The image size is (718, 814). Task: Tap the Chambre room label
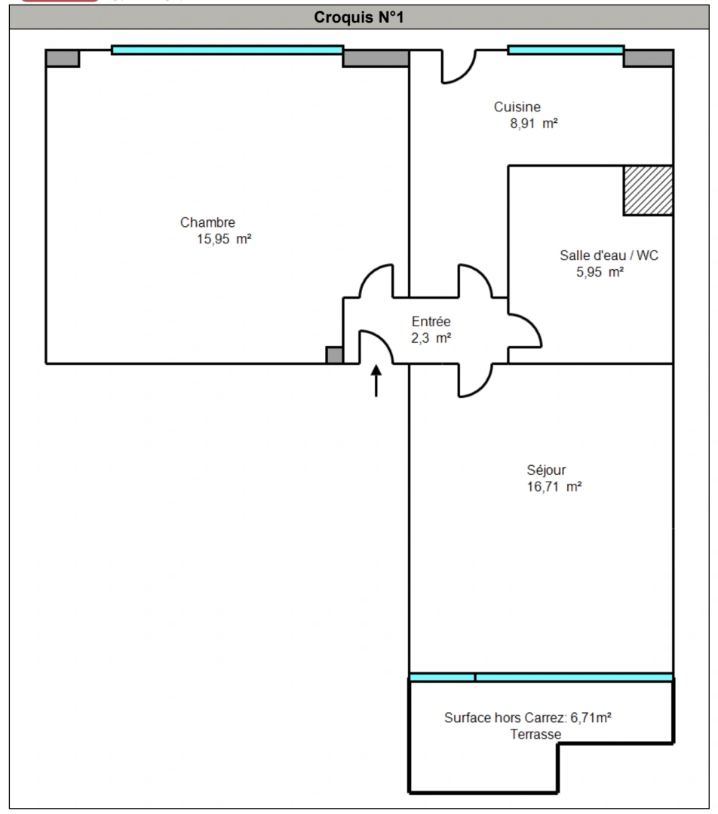click(207, 222)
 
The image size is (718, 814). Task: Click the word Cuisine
click(517, 107)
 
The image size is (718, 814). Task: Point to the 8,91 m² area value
click(533, 124)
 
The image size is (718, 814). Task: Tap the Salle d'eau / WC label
click(609, 256)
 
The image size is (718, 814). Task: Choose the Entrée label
click(431, 322)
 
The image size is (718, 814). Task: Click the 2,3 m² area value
click(431, 338)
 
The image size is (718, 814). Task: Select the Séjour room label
click(547, 470)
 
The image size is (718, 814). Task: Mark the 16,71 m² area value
click(554, 487)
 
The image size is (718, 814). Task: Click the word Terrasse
click(535, 734)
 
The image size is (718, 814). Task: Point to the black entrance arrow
click(376, 381)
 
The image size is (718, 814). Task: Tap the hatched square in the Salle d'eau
click(648, 190)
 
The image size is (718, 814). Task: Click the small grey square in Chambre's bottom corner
click(334, 355)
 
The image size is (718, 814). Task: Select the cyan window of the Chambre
click(227, 50)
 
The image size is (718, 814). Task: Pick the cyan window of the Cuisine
click(566, 50)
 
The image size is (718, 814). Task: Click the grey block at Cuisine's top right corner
click(648, 58)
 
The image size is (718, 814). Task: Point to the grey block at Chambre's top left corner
click(63, 58)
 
